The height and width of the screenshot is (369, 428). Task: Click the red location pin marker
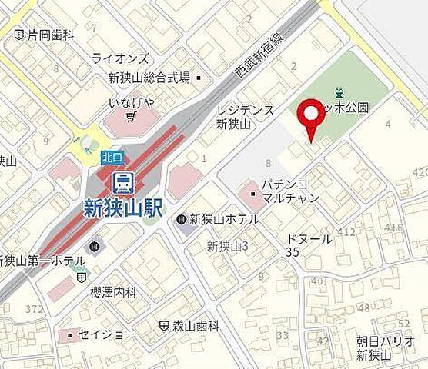click(x=311, y=117)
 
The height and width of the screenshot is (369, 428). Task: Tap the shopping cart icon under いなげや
click(x=132, y=117)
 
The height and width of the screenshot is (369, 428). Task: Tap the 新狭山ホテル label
click(x=224, y=218)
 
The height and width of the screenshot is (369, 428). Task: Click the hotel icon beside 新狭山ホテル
click(x=181, y=219)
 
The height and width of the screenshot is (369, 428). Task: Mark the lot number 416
click(x=393, y=228)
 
